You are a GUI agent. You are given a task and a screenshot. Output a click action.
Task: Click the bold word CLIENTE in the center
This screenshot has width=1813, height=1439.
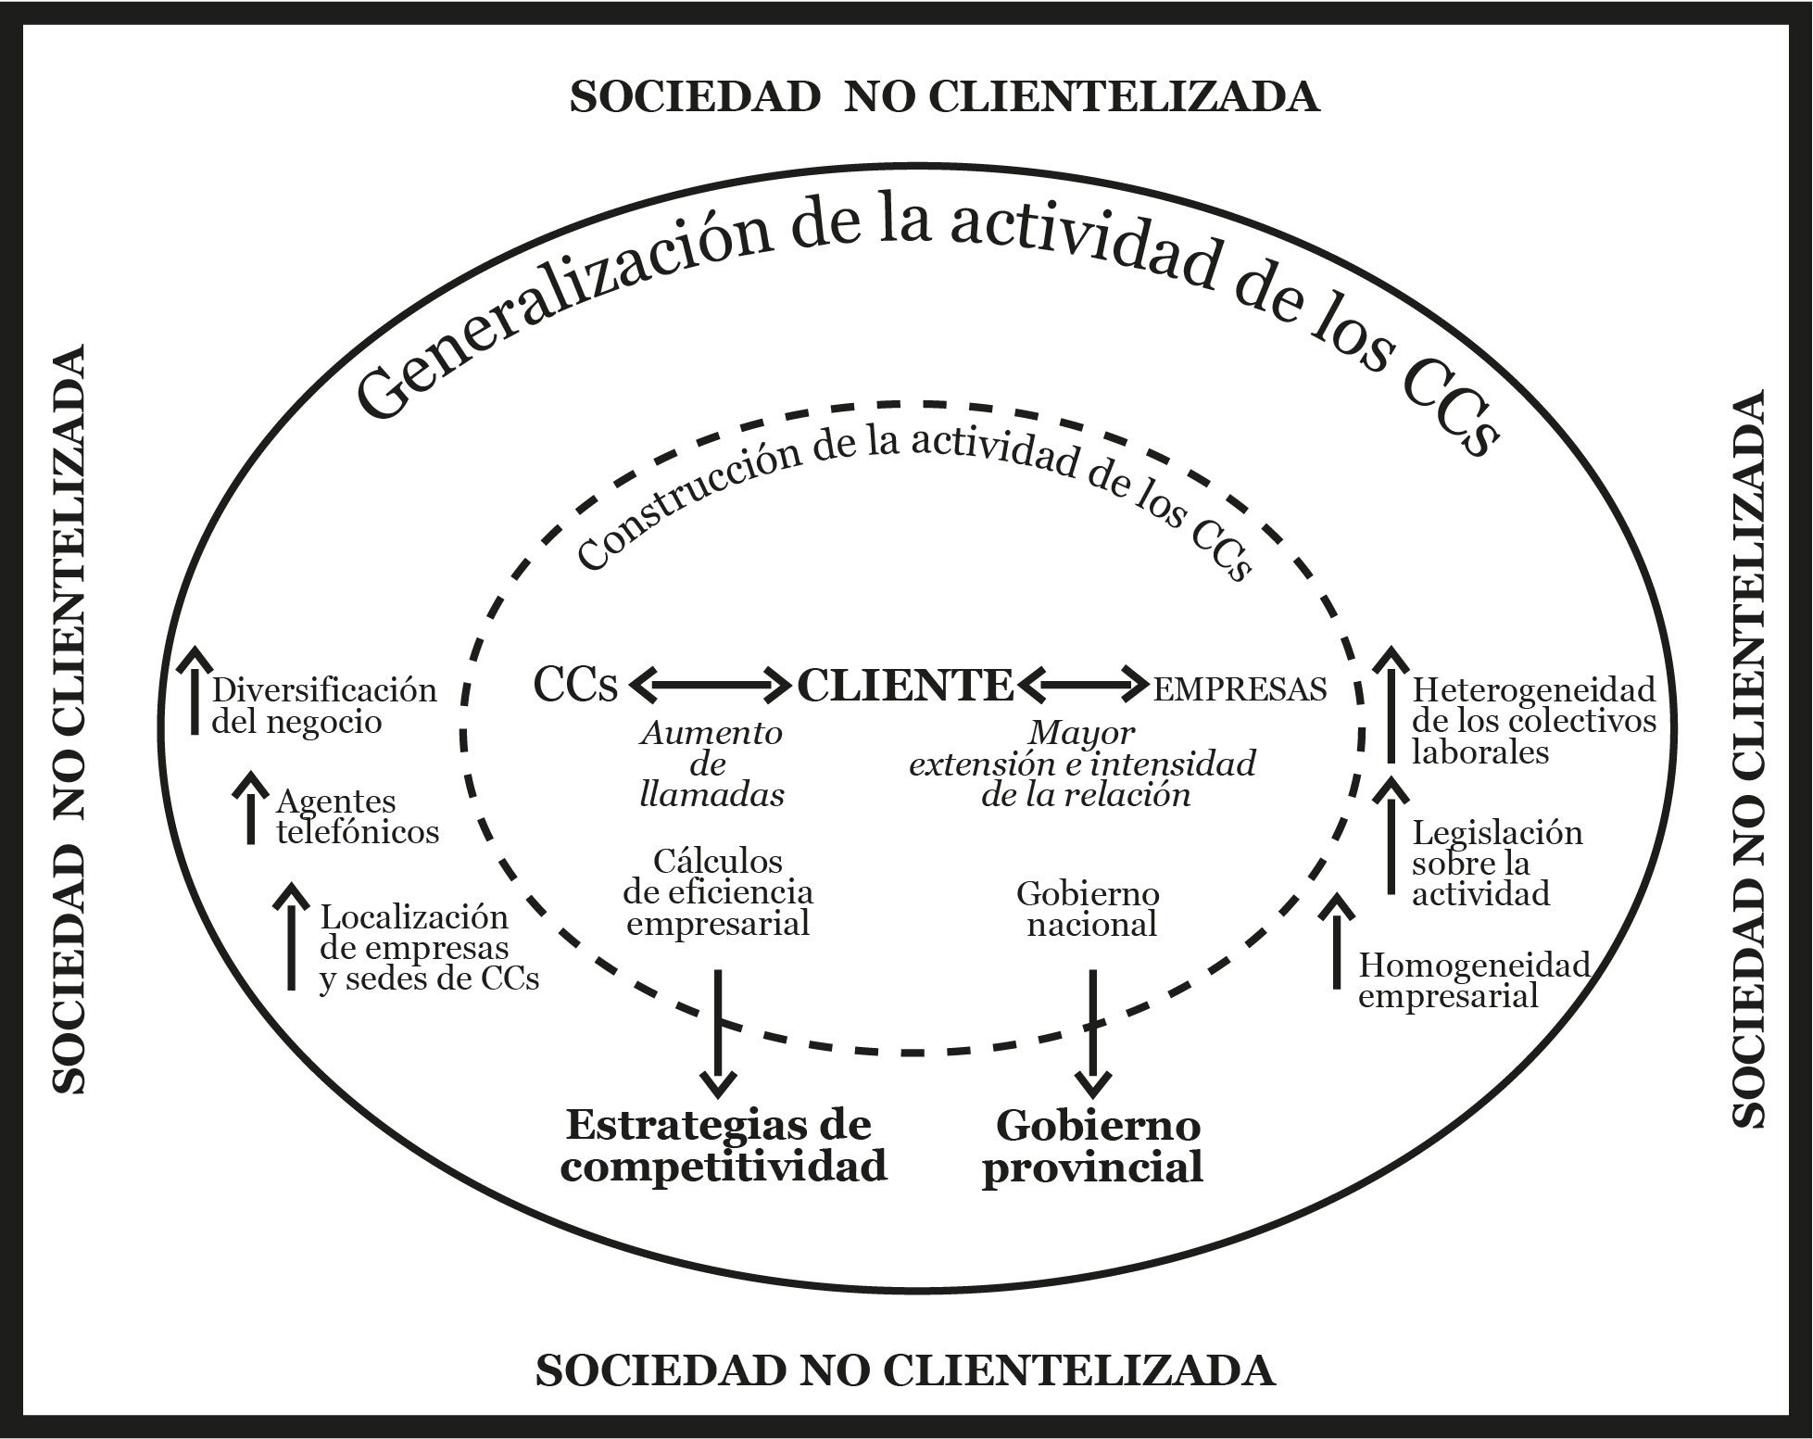905,687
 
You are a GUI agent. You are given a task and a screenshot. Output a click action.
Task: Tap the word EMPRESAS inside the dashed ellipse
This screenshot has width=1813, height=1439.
1240,688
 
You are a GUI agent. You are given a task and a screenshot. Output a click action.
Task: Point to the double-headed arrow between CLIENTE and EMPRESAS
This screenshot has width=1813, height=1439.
1082,687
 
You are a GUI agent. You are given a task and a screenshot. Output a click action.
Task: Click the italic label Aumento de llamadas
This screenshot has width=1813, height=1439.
711,764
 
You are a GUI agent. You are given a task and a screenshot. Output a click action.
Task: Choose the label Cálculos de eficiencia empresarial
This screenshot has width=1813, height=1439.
718,892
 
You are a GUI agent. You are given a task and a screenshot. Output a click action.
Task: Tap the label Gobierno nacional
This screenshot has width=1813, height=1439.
1089,909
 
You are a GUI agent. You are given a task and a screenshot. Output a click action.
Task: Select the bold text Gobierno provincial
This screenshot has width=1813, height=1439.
1094,1146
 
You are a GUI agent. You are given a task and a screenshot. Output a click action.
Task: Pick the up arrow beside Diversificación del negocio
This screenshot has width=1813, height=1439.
195,691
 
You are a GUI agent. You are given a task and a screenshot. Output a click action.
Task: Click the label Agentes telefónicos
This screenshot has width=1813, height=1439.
358,816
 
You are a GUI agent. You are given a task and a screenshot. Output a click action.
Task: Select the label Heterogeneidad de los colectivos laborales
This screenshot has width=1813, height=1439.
1533,720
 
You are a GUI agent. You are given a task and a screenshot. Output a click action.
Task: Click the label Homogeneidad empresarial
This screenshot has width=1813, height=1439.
1473,980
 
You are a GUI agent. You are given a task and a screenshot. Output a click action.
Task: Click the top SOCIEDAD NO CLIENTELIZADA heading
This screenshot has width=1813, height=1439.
944,96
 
